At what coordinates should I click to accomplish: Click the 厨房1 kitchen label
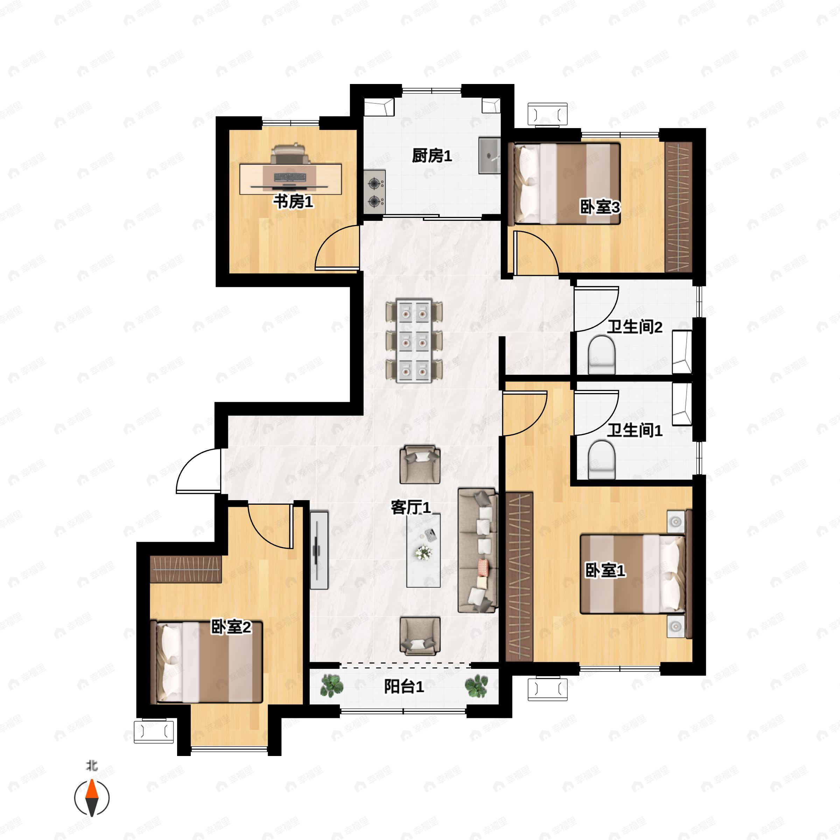click(x=432, y=156)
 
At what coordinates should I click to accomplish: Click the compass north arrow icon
click(x=92, y=798)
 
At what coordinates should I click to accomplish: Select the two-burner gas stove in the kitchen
click(x=374, y=192)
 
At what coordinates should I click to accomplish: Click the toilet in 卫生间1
click(x=601, y=459)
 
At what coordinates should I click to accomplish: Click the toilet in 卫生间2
click(x=601, y=354)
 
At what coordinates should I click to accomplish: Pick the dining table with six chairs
click(x=414, y=341)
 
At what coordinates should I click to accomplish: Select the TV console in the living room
click(x=319, y=550)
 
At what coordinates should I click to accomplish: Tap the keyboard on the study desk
click(x=289, y=177)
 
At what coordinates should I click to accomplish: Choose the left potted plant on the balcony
click(x=332, y=686)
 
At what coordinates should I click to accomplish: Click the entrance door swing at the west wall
click(x=198, y=472)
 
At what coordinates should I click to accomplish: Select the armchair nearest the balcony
click(x=420, y=636)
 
